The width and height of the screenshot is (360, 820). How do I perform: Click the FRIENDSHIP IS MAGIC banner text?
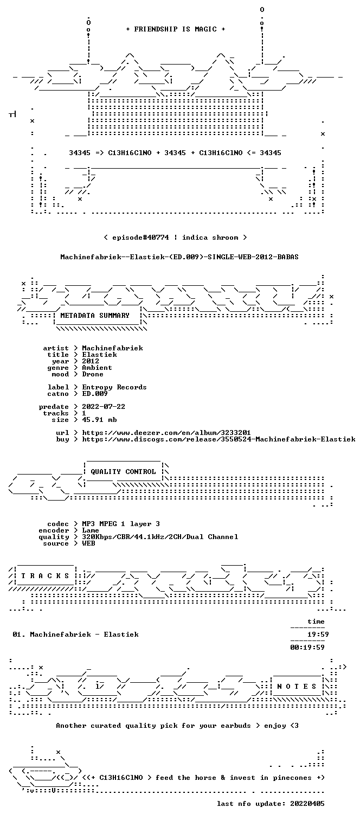click(176, 29)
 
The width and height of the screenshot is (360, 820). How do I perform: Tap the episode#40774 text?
click(140, 238)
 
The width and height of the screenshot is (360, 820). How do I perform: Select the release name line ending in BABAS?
click(179, 257)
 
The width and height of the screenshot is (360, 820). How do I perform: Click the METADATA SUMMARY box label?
click(95, 316)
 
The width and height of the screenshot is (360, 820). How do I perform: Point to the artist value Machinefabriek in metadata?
click(112, 348)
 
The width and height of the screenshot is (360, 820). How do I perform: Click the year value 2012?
click(91, 361)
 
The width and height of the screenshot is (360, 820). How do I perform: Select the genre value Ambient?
click(97, 368)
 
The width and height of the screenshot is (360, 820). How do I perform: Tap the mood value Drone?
click(93, 375)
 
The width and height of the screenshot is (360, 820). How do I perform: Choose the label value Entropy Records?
click(114, 387)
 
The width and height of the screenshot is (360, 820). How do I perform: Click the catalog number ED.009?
click(95, 394)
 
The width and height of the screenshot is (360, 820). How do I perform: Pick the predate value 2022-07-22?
click(104, 407)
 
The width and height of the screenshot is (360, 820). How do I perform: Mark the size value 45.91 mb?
click(99, 420)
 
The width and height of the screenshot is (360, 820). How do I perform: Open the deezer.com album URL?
click(166, 433)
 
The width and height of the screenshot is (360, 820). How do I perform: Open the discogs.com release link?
click(218, 439)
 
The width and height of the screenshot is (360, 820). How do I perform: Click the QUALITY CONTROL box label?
click(123, 472)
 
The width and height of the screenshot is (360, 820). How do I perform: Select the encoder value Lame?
click(91, 531)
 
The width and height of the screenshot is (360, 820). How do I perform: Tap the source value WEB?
click(88, 543)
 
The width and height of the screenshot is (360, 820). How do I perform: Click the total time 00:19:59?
click(307, 648)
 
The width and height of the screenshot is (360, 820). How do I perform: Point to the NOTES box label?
click(297, 687)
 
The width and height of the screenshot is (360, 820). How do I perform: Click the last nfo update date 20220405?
click(307, 804)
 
